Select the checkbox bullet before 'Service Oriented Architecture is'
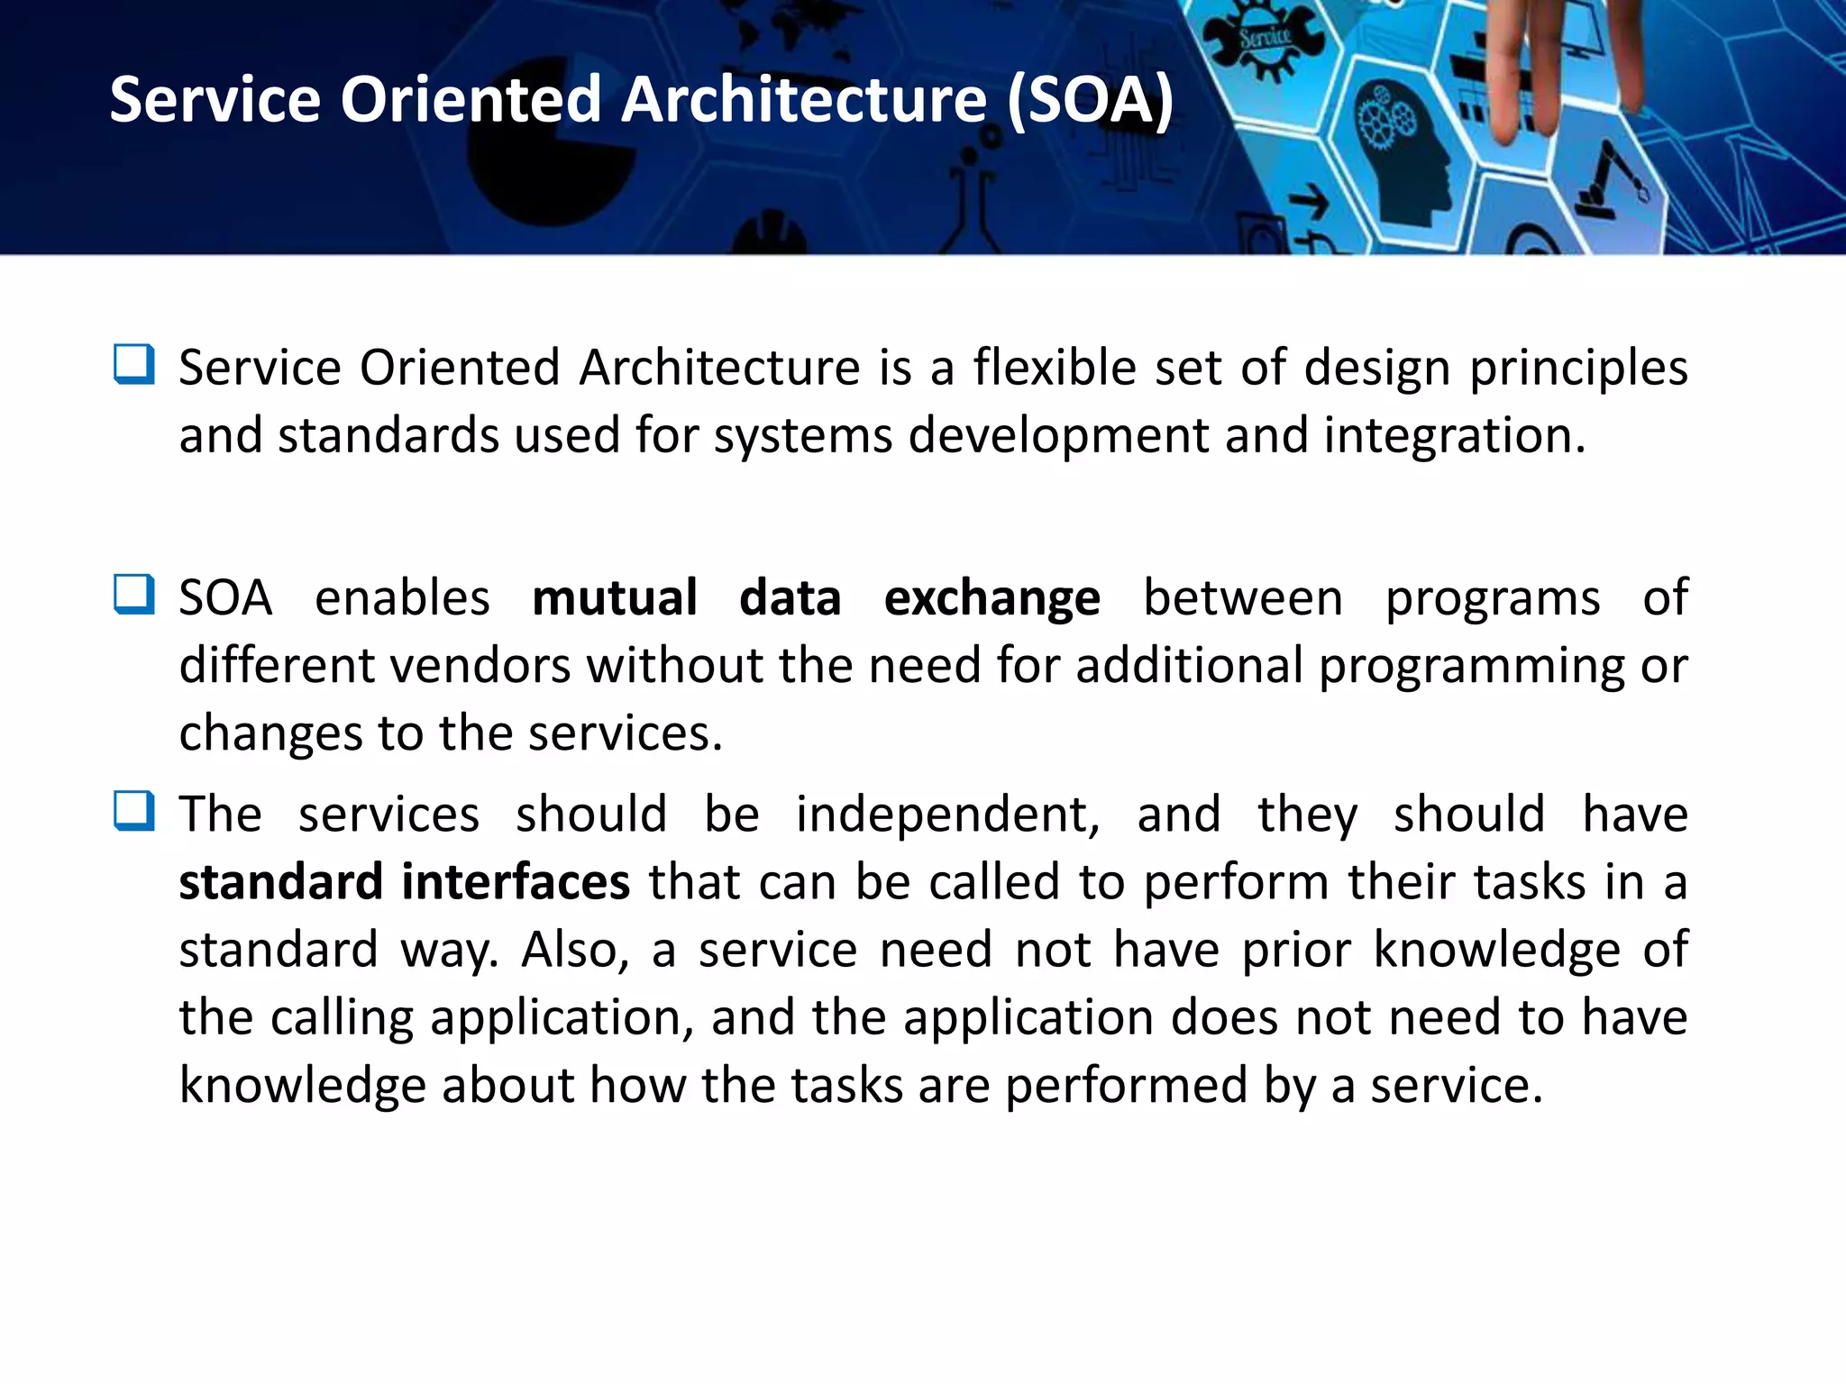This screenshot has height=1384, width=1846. (x=134, y=365)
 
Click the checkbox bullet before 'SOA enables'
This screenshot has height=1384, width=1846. (x=134, y=595)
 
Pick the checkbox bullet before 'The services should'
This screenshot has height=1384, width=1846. (x=134, y=811)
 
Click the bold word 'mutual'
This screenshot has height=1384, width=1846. (x=615, y=598)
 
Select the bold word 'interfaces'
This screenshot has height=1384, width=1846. (x=516, y=881)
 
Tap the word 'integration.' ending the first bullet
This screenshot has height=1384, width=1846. (x=1454, y=436)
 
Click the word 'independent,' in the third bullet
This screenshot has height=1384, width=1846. (x=947, y=815)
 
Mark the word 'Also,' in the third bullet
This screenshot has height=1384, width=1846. (x=575, y=950)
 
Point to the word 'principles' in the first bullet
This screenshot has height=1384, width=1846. (x=1578, y=369)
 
